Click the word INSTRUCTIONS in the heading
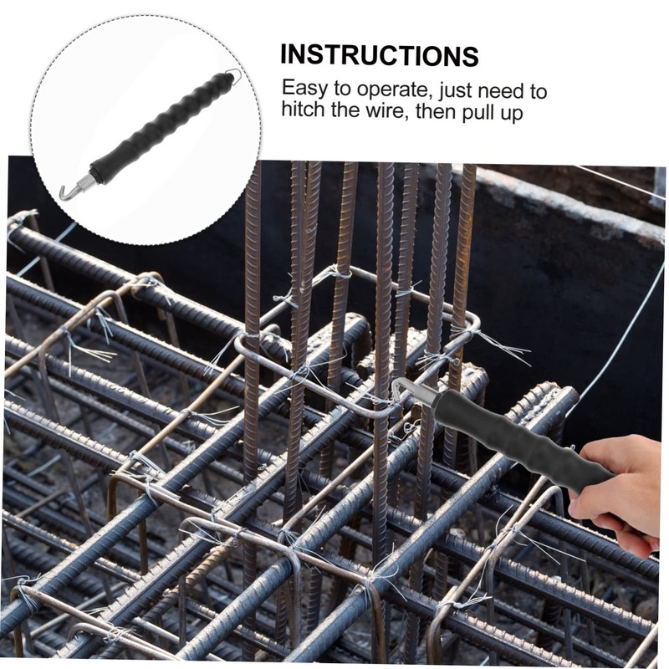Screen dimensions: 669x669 (x=380, y=55)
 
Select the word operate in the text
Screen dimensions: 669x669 (x=392, y=90)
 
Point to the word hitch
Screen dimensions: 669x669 (x=303, y=110)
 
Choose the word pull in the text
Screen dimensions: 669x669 (x=478, y=113)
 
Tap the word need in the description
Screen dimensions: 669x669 (x=503, y=91)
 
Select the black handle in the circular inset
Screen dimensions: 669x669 (x=162, y=128)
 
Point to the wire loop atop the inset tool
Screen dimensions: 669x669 (x=234, y=76)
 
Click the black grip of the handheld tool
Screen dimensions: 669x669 (x=523, y=441)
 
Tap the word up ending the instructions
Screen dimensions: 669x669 (x=511, y=114)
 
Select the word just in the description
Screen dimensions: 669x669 (x=454, y=91)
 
